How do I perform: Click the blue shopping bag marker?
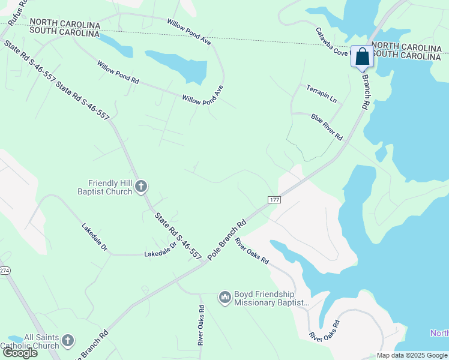[362, 58]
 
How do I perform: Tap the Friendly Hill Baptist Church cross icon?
[141, 187]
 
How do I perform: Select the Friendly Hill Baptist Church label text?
[110, 187]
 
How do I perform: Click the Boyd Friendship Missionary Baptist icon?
[225, 298]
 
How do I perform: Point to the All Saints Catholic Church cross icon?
[68, 341]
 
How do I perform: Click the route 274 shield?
[4, 271]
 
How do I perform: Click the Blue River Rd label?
[327, 127]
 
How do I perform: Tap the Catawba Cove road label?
[333, 41]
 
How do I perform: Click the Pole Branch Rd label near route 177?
[228, 239]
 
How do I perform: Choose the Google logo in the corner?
[19, 352]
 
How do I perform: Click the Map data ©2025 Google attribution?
[412, 355]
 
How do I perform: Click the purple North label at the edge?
[439, 333]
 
